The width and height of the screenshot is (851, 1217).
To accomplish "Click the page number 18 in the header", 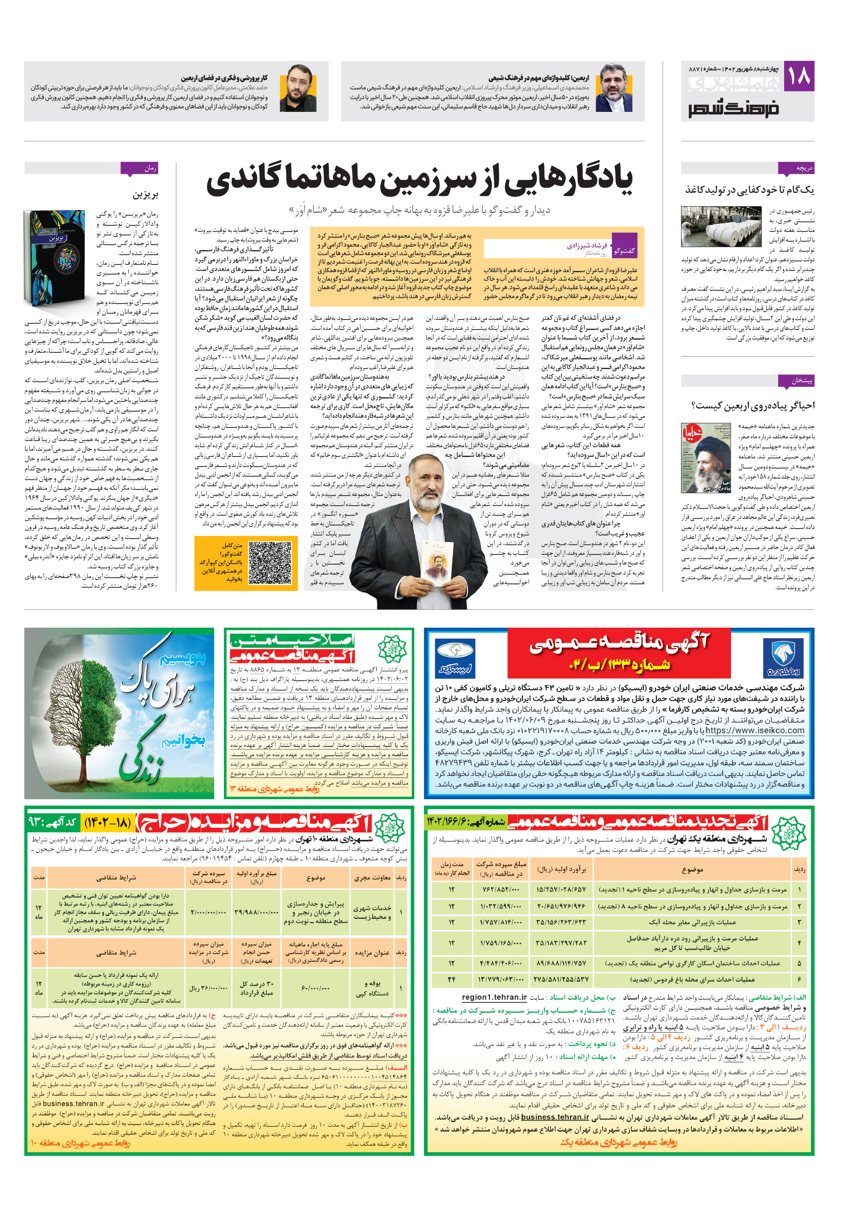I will pyautogui.click(x=798, y=76).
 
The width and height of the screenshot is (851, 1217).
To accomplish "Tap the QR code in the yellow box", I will pyautogui.click(x=270, y=562).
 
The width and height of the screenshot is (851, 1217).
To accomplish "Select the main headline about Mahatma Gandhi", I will pyautogui.click(x=419, y=179).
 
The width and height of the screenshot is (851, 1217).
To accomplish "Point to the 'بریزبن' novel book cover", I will pyautogui.click(x=55, y=257).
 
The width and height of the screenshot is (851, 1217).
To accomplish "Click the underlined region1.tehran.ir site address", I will pyautogui.click(x=494, y=997).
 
